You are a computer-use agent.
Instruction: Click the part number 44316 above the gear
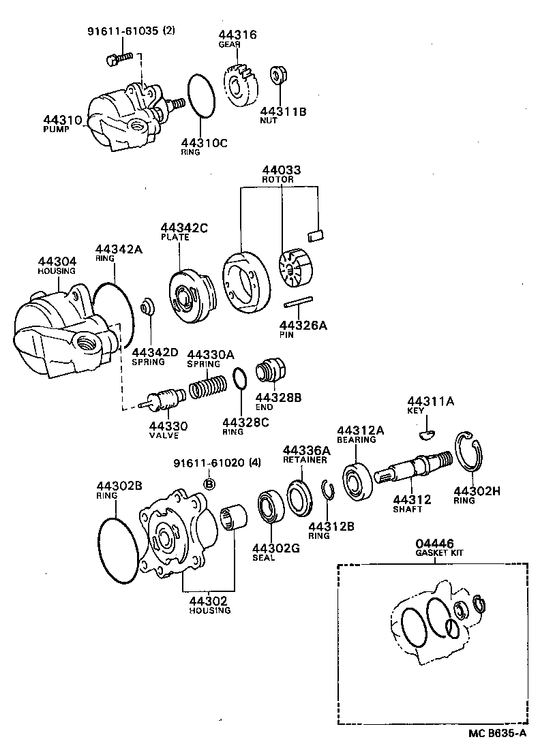point(238,35)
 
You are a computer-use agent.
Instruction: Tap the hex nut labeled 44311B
point(278,75)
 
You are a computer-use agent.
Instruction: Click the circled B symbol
point(210,484)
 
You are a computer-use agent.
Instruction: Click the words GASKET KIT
point(439,552)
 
